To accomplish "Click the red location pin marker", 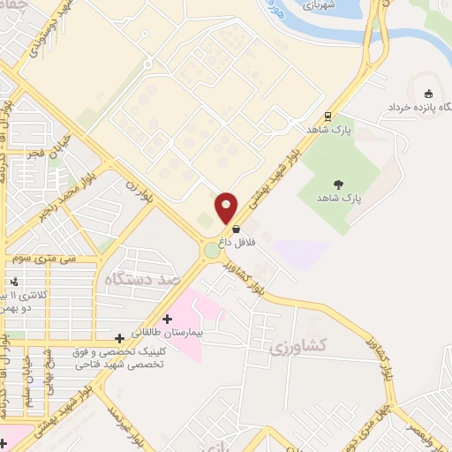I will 227,207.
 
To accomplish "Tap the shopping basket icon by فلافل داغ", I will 236,229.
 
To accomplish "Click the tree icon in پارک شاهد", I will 339,184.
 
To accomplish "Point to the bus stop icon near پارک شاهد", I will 328,116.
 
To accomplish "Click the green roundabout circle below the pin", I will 213,251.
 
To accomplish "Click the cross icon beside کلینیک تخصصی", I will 120,338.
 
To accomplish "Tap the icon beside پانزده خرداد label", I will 429,94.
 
